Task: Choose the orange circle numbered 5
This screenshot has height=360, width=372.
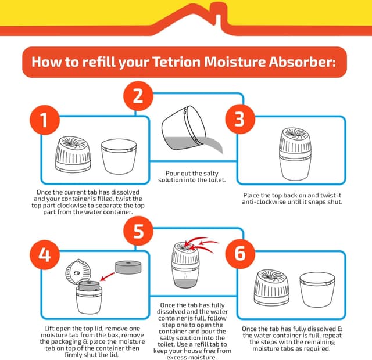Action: point(138,230)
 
